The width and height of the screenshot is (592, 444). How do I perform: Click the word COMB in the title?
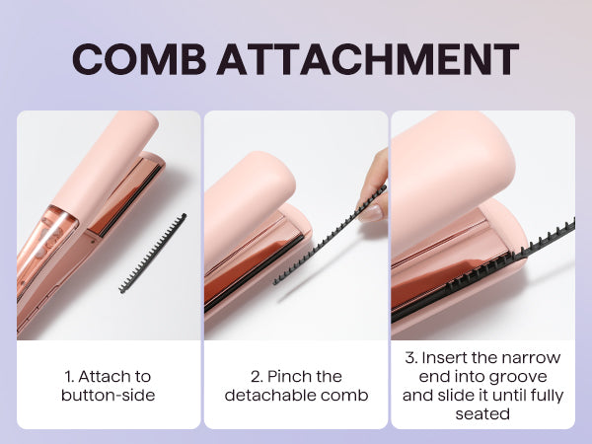pos(139,60)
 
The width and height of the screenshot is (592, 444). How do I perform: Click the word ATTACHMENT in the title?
pos(367,60)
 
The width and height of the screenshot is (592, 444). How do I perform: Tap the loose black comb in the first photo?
pos(153,254)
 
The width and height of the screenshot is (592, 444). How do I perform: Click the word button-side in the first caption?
pos(109,396)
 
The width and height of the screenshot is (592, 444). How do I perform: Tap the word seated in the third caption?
pos(482,414)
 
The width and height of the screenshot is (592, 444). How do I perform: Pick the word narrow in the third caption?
pos(533,356)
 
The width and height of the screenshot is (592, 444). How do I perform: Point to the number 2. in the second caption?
pos(256,376)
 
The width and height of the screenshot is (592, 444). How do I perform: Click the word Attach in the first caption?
pos(100,376)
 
